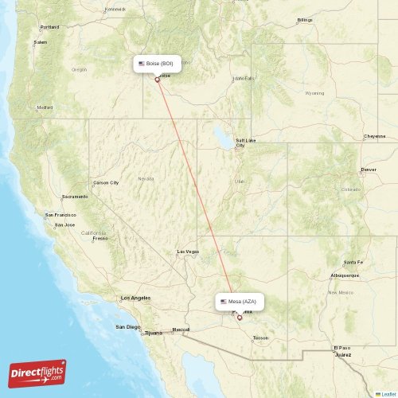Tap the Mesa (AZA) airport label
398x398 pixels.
pos(238,302)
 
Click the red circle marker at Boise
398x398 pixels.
pos(157,79)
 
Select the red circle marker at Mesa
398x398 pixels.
pos(240,317)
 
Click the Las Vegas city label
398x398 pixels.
pos(188,252)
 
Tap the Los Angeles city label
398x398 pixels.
pos(135,298)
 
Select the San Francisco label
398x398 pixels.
pos(60,215)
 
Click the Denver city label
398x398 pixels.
pos(369,170)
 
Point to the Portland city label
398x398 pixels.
pos(49,26)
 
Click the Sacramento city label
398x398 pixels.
pos(76,196)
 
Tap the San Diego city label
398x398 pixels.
pos(127,326)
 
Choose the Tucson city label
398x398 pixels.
pos(260,338)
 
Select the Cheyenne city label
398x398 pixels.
pos(375,136)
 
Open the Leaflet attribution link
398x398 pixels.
pos(386,393)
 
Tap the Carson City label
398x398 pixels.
pos(106,182)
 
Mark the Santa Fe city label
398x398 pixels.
pos(353,262)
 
